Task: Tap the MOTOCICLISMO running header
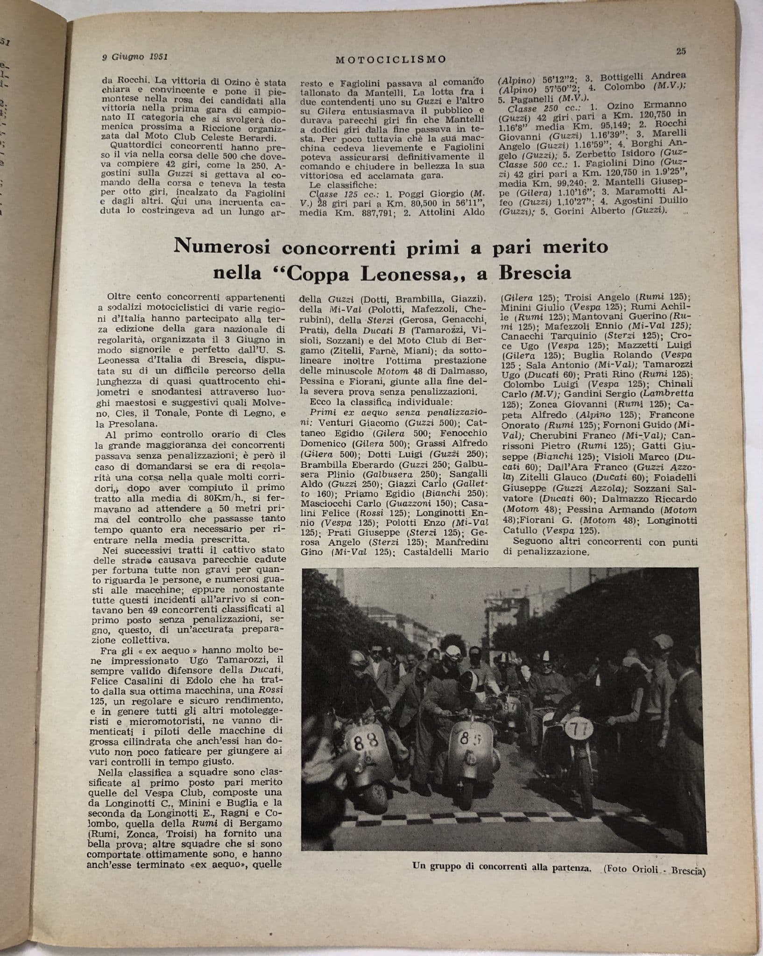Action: pyautogui.click(x=391, y=59)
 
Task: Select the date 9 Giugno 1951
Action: pyautogui.click(x=135, y=57)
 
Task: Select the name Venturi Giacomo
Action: pyautogui.click(x=357, y=423)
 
